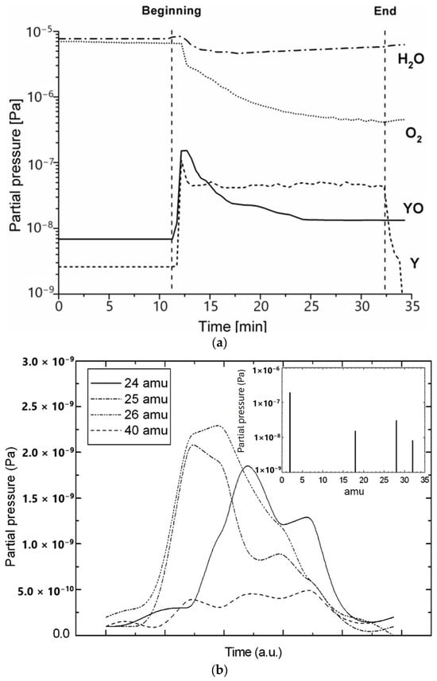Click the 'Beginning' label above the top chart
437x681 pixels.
(171, 11)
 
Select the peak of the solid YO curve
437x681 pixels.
(184, 150)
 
